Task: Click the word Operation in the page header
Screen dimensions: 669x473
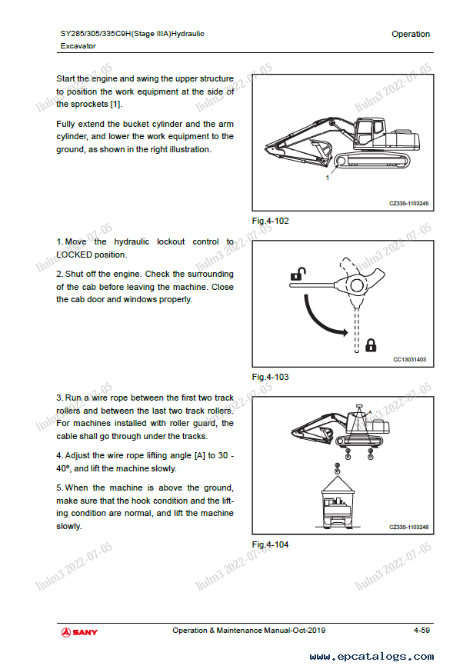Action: point(411,34)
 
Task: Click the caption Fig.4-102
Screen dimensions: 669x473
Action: point(271,221)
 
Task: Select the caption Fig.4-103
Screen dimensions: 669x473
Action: point(271,377)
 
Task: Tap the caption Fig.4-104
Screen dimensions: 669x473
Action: point(271,544)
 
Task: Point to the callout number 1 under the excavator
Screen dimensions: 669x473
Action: point(328,178)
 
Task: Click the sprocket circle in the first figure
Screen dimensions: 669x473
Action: point(340,161)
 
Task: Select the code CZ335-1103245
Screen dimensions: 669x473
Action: point(408,203)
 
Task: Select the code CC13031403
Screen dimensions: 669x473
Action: point(409,359)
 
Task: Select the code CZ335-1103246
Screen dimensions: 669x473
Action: point(408,527)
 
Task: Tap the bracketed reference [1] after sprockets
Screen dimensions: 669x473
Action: point(115,104)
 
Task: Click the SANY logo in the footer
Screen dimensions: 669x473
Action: point(80,631)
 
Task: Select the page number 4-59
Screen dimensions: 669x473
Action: point(421,631)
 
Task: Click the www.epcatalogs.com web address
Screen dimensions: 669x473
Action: point(371,657)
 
